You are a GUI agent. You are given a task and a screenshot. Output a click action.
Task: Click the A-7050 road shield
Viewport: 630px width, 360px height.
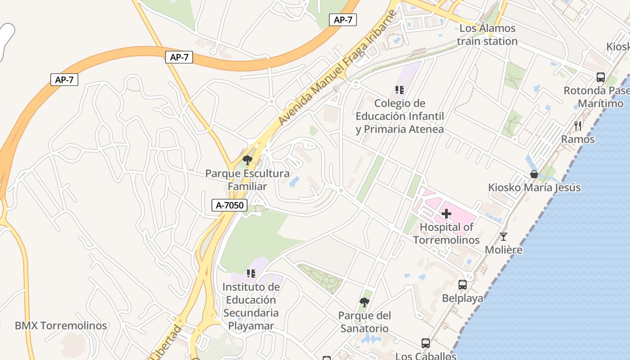tap(229, 206)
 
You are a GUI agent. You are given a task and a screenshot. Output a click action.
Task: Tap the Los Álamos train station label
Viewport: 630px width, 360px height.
tap(487, 35)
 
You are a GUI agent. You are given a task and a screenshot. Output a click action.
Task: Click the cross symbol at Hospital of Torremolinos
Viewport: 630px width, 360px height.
tap(446, 214)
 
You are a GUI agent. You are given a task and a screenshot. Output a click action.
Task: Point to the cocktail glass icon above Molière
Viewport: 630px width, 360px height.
tap(504, 236)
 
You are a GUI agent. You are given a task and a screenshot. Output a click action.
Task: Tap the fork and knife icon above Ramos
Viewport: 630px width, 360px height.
tap(578, 126)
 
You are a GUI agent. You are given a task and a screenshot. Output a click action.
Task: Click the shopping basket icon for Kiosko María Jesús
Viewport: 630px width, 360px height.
tap(534, 174)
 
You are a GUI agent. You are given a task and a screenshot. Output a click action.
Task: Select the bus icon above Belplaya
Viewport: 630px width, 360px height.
tap(463, 285)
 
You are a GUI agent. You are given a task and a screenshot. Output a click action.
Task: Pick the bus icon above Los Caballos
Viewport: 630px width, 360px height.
tap(426, 343)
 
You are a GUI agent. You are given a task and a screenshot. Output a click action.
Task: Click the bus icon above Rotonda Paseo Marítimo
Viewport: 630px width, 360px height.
tap(601, 77)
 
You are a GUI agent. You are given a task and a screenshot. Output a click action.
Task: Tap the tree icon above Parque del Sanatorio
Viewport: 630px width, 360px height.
tap(364, 302)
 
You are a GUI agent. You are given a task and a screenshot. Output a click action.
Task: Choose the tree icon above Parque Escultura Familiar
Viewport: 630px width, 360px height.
tap(247, 160)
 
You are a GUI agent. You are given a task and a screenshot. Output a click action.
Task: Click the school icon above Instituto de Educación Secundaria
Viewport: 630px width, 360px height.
tap(251, 274)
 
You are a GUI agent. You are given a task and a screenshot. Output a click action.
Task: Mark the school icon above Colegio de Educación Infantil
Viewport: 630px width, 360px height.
tap(400, 90)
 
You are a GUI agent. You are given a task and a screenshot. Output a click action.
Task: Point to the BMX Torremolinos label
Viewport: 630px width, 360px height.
tap(61, 326)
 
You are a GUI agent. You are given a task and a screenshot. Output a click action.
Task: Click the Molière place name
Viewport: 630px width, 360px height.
tap(504, 250)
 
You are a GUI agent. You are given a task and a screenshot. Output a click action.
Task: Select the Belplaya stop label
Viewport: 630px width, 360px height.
tap(463, 298)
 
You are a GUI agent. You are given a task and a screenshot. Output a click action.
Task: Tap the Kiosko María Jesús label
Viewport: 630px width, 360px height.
tap(534, 188)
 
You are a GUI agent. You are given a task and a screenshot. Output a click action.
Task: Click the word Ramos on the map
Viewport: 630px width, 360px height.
tap(578, 139)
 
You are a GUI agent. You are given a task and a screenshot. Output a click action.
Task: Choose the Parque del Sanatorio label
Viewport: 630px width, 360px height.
tap(364, 322)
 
